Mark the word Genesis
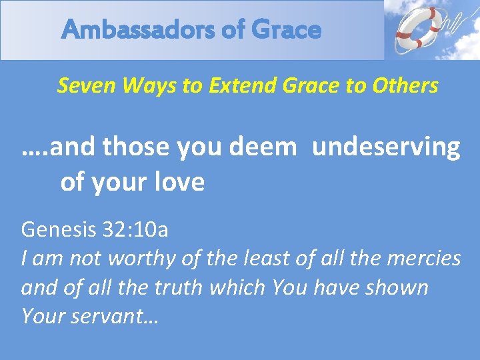click(58, 230)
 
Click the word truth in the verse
click(200, 287)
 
